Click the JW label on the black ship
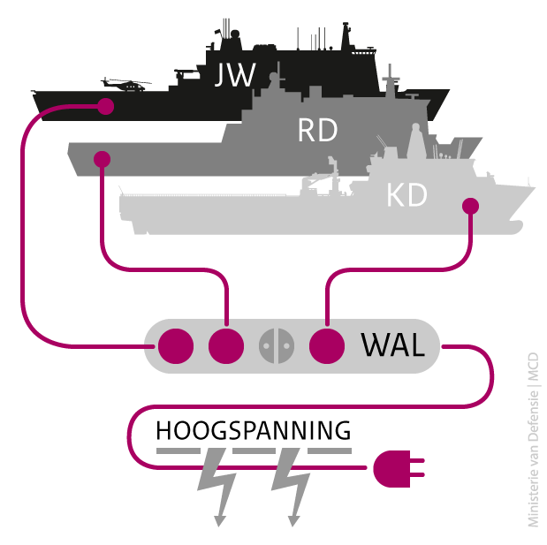coord(234,76)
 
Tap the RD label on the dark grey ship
coord(317,131)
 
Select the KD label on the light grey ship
coord(407,195)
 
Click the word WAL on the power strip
coord(393,345)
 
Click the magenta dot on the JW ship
coord(105,107)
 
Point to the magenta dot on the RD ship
coord(102,160)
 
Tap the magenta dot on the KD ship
coord(470,206)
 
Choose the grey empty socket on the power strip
coord(276,345)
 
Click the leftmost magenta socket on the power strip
coord(174,345)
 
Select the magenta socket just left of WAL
coord(327,345)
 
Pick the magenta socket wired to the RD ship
coord(226,345)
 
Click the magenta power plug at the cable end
coord(397,468)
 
